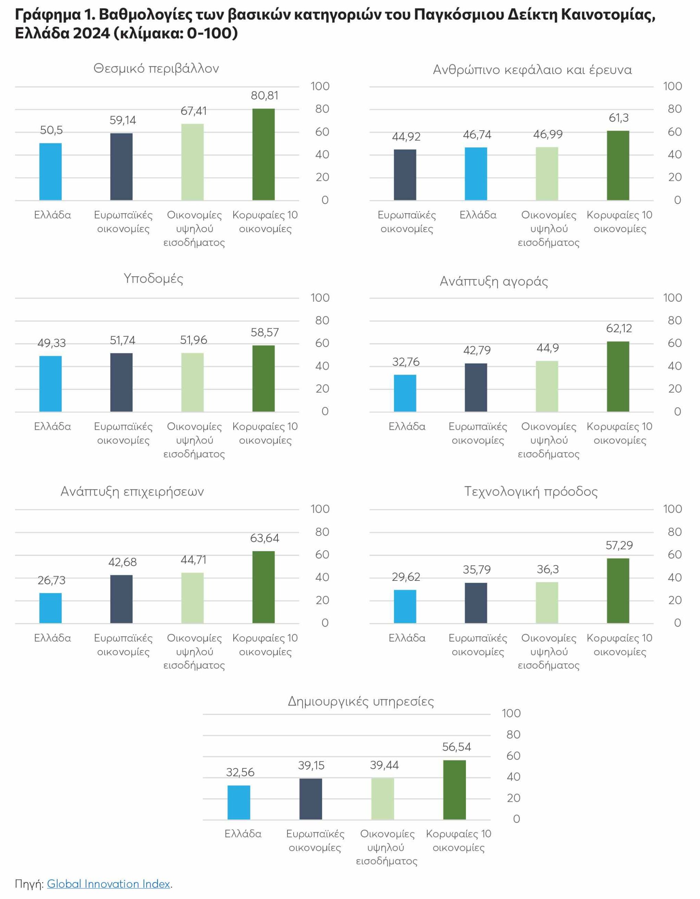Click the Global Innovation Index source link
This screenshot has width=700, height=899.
(108, 884)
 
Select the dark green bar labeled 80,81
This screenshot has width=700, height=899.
(263, 155)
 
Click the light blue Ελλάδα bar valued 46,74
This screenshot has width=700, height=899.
(476, 174)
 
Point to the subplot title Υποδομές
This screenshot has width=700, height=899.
(153, 279)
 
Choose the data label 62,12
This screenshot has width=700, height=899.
(619, 328)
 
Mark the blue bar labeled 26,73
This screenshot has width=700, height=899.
(51, 608)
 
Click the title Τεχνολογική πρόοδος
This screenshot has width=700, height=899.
(531, 492)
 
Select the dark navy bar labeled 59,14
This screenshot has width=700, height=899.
(121, 167)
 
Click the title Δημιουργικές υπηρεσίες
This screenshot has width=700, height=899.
(361, 701)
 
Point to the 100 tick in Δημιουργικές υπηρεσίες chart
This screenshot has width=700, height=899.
(511, 713)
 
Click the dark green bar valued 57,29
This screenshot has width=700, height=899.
(618, 591)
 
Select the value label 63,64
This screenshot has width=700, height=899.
(265, 538)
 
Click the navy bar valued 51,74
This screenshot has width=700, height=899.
(121, 382)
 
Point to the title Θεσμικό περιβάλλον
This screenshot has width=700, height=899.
(156, 68)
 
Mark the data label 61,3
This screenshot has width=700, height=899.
(619, 118)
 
